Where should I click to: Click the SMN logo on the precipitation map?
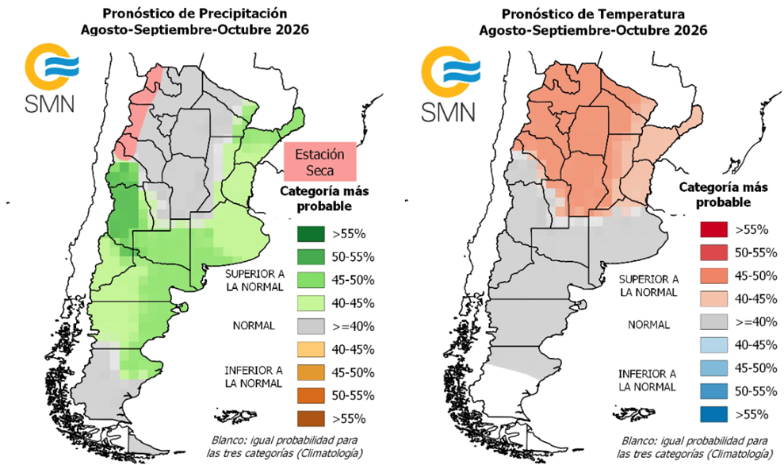pyautogui.click(x=51, y=78)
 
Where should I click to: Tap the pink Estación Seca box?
pyautogui.click(x=320, y=162)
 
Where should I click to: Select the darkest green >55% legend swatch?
pyautogui.click(x=311, y=234)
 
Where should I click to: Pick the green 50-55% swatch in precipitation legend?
pyautogui.click(x=311, y=257)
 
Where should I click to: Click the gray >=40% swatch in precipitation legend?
pyautogui.click(x=311, y=326)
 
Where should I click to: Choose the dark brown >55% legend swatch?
pyautogui.click(x=311, y=419)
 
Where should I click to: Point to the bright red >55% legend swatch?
pyautogui.click(x=713, y=230)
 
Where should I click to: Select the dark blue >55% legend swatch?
pyautogui.click(x=713, y=414)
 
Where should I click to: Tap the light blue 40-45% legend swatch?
pyautogui.click(x=713, y=345)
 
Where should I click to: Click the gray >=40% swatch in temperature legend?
pyautogui.click(x=713, y=322)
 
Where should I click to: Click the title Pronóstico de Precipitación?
pyautogui.click(x=195, y=13)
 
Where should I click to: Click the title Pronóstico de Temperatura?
pyautogui.click(x=593, y=14)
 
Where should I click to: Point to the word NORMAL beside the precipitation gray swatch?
pyautogui.click(x=254, y=326)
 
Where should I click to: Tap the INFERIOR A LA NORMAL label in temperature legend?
pyautogui.click(x=647, y=380)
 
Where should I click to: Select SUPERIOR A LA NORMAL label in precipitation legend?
pyautogui.click(x=254, y=280)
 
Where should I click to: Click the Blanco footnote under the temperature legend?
pyautogui.click(x=693, y=447)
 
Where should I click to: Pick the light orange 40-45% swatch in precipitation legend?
pyautogui.click(x=311, y=349)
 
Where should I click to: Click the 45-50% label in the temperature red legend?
pyautogui.click(x=756, y=276)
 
